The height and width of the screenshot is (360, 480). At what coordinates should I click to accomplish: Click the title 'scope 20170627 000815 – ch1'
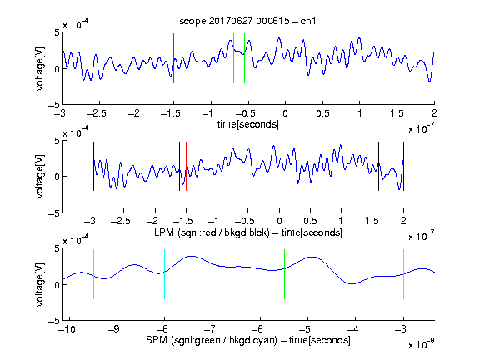(247, 21)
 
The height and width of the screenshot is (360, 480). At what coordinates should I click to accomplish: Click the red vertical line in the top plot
(173, 58)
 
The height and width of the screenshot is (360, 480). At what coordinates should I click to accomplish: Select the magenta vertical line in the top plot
(397, 58)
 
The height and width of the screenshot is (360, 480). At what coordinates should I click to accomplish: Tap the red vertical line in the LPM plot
(186, 166)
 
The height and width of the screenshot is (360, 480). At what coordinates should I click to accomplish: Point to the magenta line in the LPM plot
(372, 166)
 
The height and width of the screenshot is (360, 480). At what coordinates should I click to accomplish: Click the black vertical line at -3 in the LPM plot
(93, 166)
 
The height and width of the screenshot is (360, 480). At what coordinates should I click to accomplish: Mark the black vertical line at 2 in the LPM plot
(403, 166)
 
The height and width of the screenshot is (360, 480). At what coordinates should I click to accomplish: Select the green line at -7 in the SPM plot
(212, 274)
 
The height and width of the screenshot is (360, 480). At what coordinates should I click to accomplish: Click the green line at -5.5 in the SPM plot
(284, 274)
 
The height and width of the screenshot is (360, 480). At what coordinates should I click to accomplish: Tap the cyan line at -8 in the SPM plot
(165, 274)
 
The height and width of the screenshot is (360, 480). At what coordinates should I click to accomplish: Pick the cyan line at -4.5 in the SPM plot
(332, 274)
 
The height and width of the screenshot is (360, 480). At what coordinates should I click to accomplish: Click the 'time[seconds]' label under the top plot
(248, 124)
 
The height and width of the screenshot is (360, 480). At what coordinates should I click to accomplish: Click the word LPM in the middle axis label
(164, 232)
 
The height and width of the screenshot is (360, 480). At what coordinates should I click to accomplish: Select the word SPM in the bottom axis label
(156, 340)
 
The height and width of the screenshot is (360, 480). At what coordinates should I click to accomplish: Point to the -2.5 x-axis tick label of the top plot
(96, 113)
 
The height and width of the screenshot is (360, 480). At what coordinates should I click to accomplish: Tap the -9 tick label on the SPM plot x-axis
(114, 329)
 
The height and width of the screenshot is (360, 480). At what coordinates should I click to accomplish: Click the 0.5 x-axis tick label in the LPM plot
(310, 221)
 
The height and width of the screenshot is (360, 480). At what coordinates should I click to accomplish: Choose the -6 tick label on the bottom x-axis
(257, 329)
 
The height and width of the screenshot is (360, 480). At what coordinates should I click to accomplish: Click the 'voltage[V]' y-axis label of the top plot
(40, 68)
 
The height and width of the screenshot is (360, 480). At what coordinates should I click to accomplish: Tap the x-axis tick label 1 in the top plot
(360, 113)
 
